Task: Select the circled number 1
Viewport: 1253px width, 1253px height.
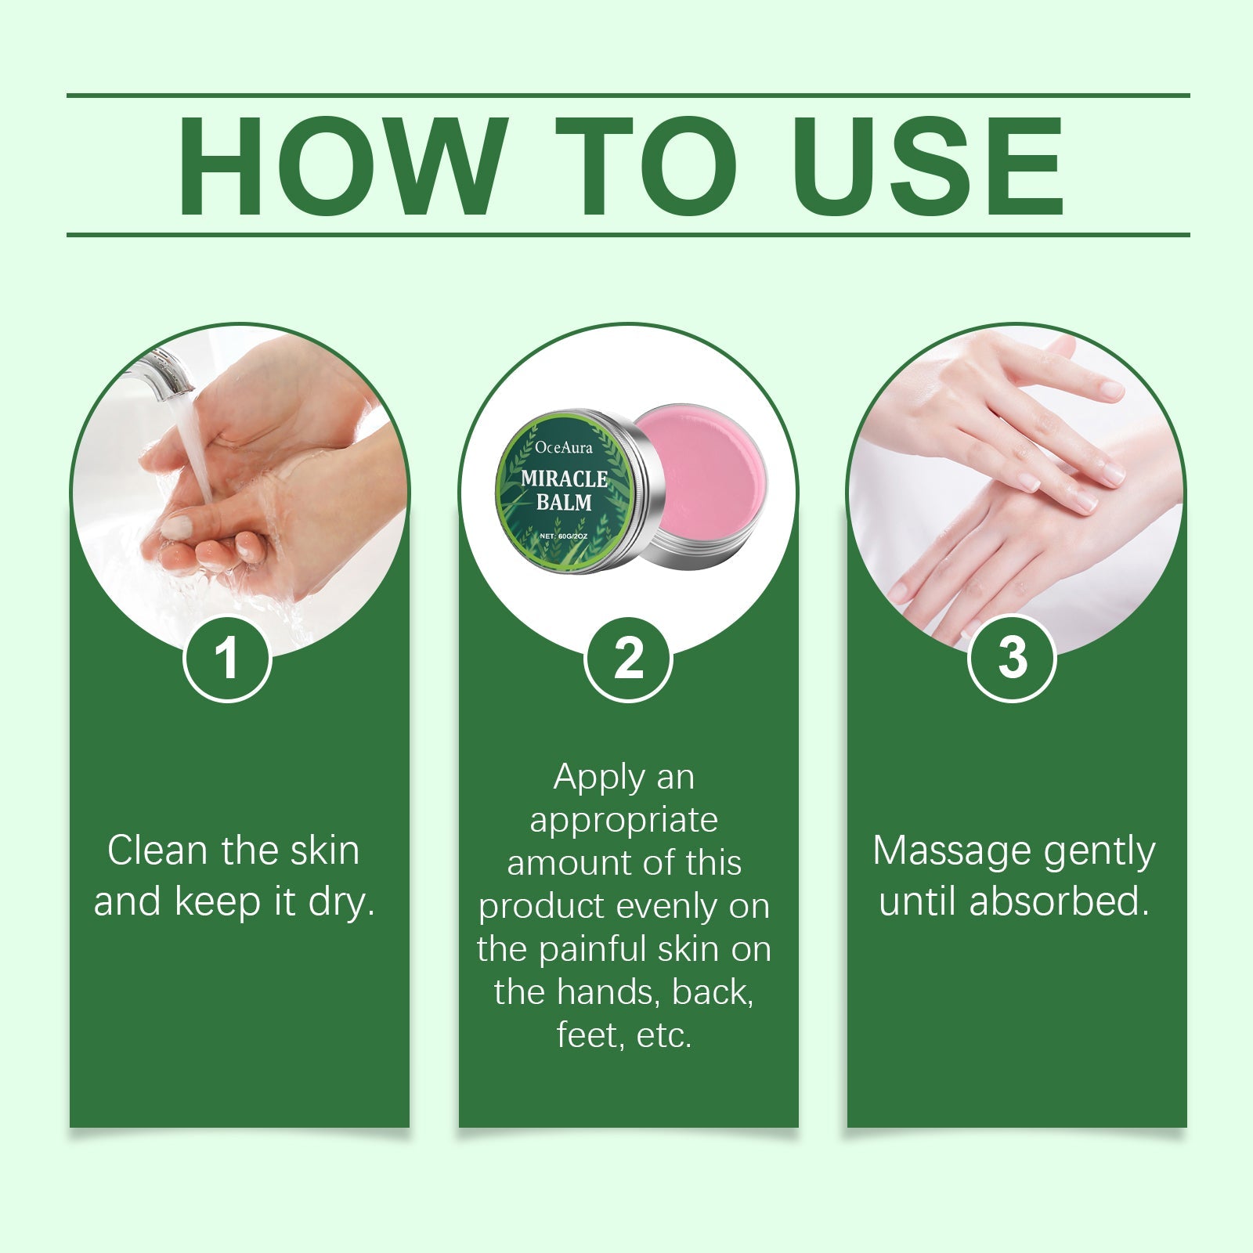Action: pos(227,658)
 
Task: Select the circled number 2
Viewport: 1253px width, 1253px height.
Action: pos(628,658)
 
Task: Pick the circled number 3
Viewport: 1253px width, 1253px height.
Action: pos(1012,658)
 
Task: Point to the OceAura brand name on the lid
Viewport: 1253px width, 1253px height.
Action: pos(564,448)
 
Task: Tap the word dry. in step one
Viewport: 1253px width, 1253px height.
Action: pos(341,901)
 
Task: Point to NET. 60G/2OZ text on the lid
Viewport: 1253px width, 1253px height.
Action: pos(564,536)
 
